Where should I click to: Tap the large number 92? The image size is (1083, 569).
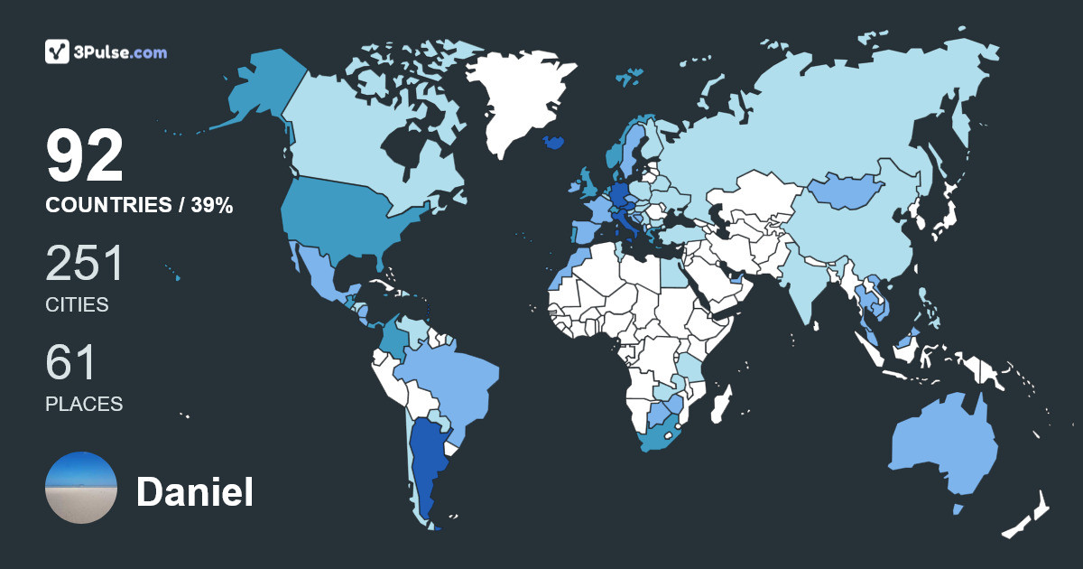[x=85, y=157]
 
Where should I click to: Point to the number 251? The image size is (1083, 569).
[x=85, y=265]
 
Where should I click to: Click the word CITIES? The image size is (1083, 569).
[x=77, y=305]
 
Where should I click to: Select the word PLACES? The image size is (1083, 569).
[x=84, y=404]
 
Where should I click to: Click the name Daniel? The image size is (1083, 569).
[x=194, y=492]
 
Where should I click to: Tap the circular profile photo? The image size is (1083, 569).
[x=81, y=488]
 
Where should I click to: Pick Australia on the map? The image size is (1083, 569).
[x=943, y=447]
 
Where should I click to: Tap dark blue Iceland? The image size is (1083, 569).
[x=554, y=143]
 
